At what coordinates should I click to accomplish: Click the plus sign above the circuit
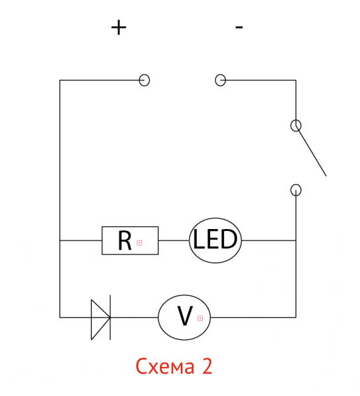tap(118, 28)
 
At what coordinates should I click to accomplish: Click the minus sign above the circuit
tap(239, 27)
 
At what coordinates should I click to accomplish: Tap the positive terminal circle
tap(145, 80)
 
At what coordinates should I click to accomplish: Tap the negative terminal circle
tap(220, 80)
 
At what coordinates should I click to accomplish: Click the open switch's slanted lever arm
tap(311, 150)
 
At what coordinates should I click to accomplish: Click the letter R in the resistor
tap(125, 241)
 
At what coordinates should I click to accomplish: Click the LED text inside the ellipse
tap(215, 239)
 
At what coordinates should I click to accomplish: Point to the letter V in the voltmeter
tap(185, 315)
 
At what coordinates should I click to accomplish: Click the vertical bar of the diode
tap(110, 317)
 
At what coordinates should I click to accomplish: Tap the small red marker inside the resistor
tap(139, 243)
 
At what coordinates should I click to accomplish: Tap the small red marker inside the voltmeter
tap(200, 318)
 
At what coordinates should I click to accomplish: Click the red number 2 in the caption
tap(207, 366)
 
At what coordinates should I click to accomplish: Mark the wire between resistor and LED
tap(174, 240)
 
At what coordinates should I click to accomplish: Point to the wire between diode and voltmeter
tap(134, 317)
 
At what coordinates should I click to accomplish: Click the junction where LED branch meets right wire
tap(296, 240)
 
